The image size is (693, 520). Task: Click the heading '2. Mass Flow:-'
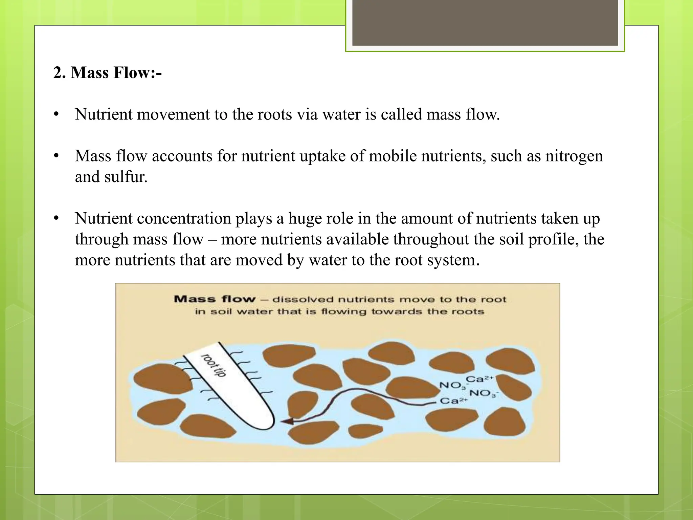click(107, 72)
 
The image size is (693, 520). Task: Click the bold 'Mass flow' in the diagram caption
click(215, 299)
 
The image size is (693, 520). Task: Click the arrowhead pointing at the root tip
click(287, 421)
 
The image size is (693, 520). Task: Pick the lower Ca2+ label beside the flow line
click(453, 401)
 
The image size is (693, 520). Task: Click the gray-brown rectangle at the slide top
click(485, 22)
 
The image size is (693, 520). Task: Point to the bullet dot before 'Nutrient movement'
click(56, 114)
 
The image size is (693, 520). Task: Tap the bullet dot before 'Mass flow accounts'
click(56, 156)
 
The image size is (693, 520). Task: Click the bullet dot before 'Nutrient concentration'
click(56, 218)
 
